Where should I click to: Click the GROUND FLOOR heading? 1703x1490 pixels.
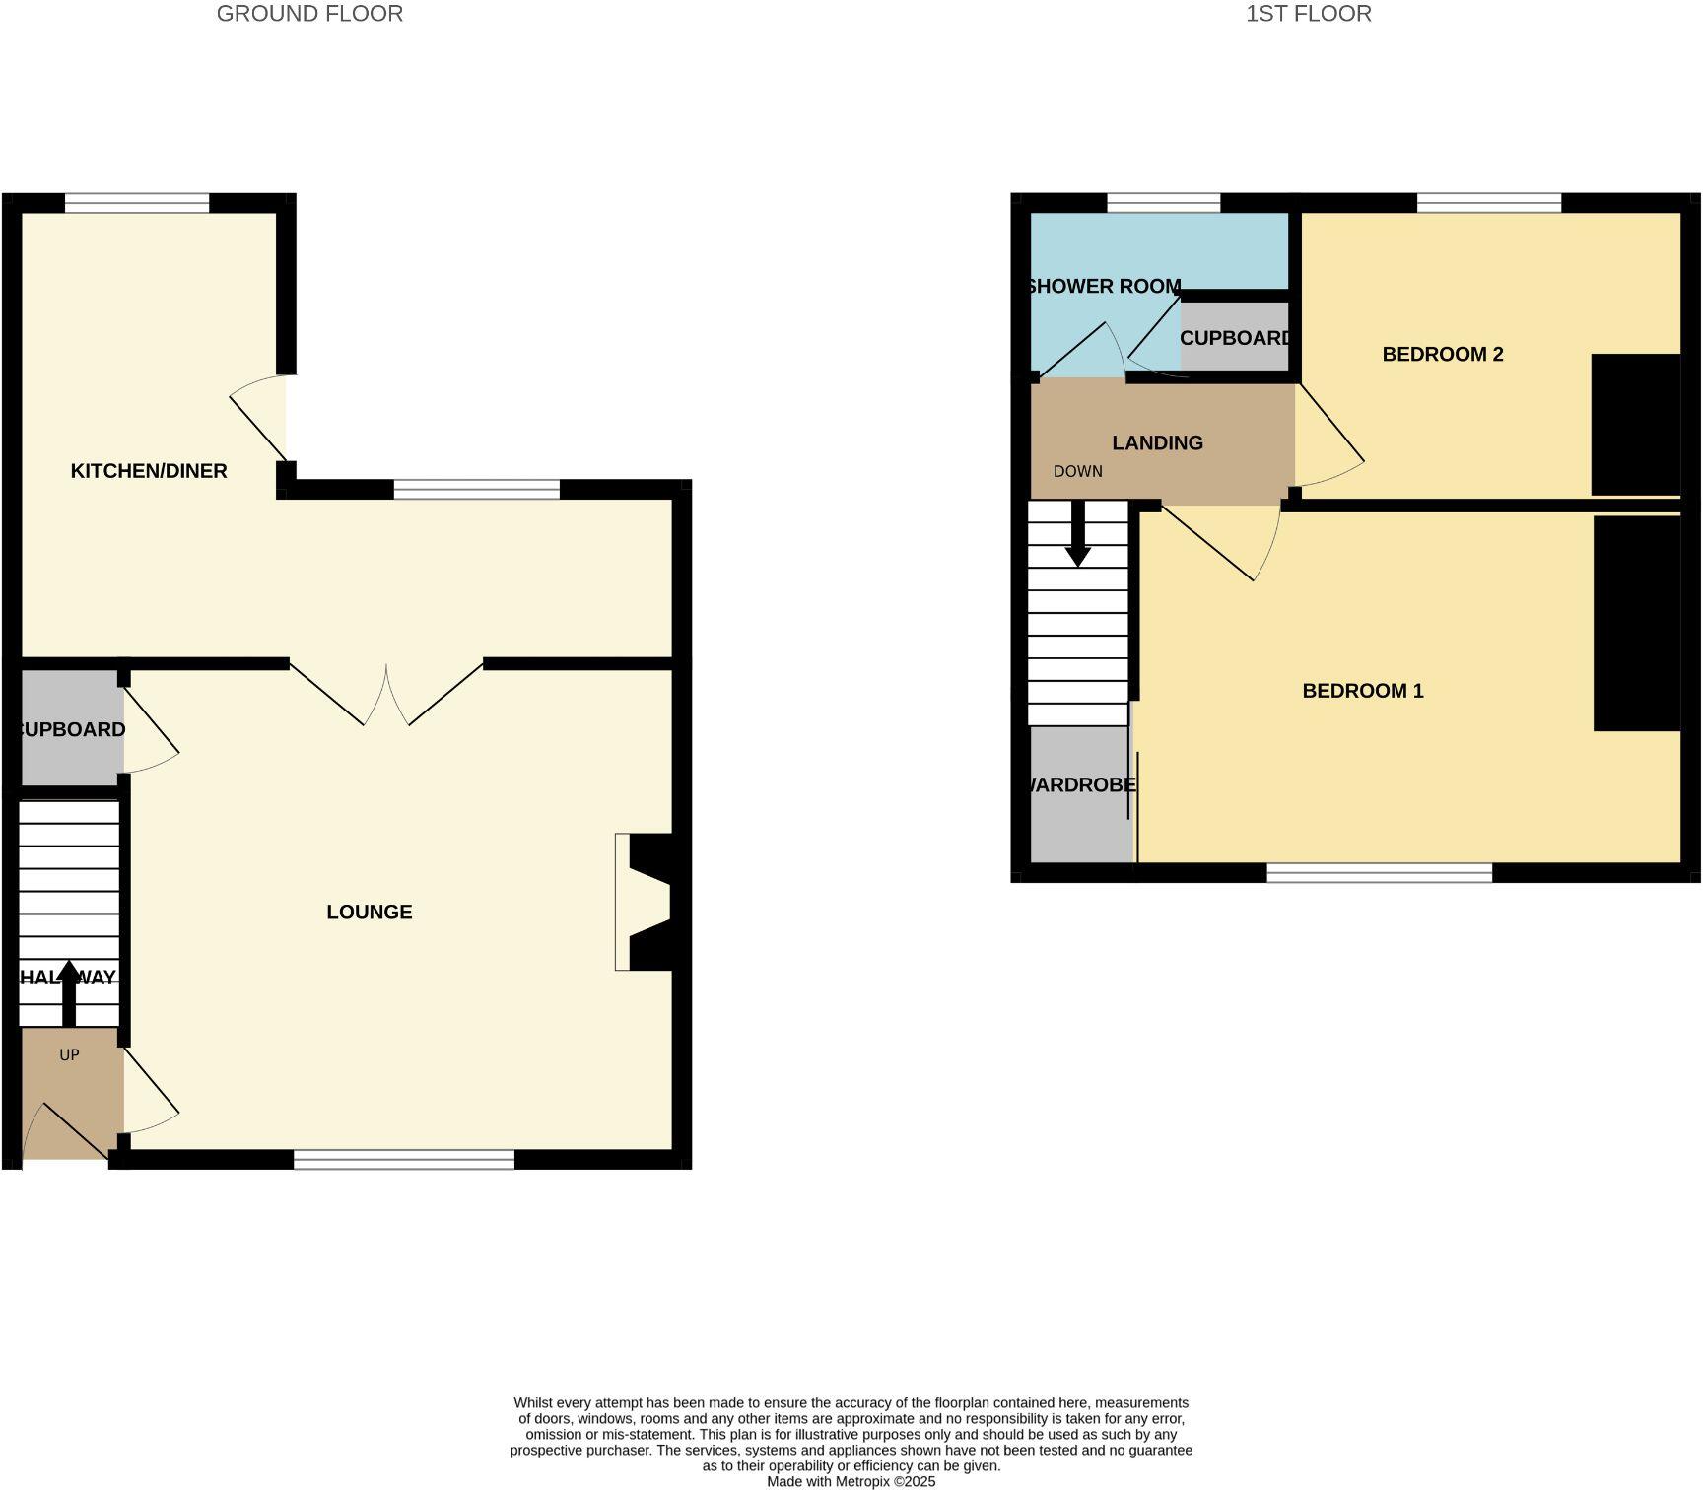pos(309,14)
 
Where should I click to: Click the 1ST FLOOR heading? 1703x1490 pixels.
pos(1308,14)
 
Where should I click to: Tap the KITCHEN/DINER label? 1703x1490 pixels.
pos(149,471)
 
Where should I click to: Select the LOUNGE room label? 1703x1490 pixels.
pos(370,913)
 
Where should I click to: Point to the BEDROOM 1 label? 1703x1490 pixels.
pos(1363,691)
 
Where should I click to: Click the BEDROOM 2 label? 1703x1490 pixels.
pos(1443,355)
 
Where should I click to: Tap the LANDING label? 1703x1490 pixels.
pos(1157,443)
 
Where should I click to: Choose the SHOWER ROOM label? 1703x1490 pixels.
pos(1104,287)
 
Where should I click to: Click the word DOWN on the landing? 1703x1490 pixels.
pos(1077,472)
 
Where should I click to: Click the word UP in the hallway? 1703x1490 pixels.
pos(69,1055)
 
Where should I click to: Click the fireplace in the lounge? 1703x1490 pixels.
pos(646,903)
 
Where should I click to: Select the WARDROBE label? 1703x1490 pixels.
pos(1081,785)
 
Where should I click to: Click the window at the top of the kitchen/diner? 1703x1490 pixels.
pos(137,204)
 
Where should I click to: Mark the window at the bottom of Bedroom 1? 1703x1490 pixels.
pos(1379,872)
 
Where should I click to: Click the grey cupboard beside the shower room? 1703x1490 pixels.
pos(1235,338)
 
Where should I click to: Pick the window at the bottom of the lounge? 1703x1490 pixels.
pos(404,1160)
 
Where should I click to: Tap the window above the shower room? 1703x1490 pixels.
pos(1163,204)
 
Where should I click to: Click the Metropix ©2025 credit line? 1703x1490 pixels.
pos(851,1481)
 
